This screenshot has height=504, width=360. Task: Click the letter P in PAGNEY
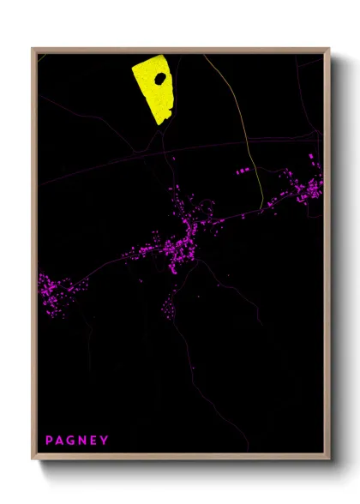49,441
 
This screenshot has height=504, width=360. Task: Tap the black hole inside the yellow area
159,78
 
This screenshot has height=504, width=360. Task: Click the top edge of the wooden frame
180,49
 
